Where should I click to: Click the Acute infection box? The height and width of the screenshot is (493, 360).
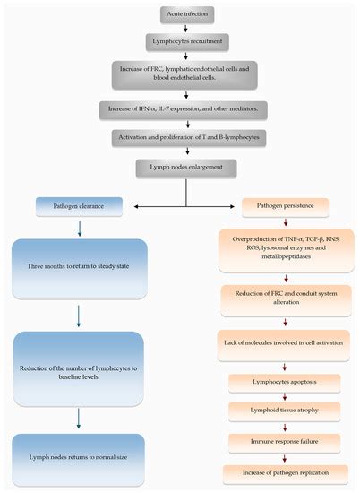click(x=186, y=14)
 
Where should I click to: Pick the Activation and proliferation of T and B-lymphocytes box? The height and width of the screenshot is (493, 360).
click(x=187, y=137)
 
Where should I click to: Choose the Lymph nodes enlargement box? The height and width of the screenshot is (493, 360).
click(x=186, y=166)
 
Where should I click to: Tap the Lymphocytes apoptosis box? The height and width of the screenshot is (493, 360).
click(x=286, y=380)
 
